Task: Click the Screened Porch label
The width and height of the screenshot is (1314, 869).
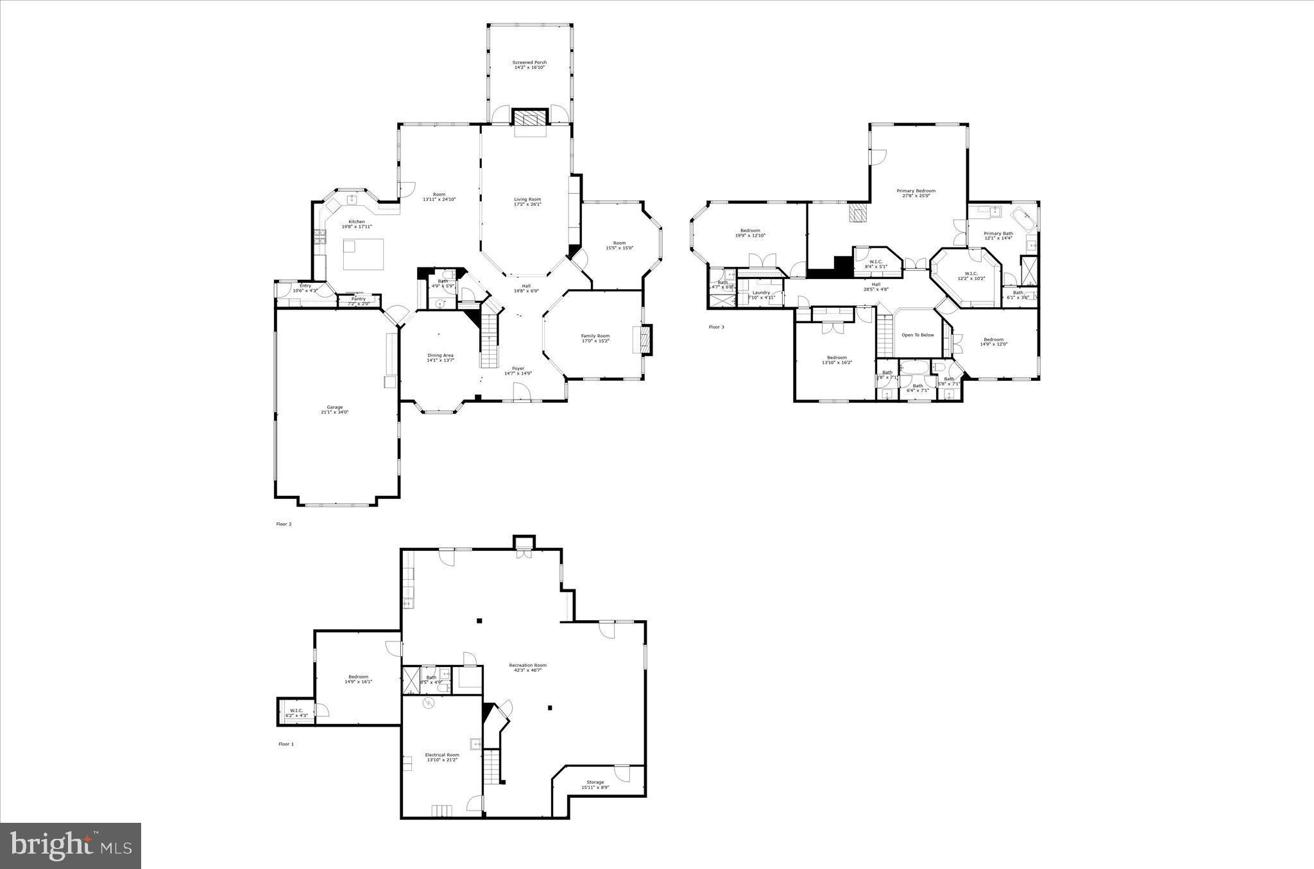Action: pyautogui.click(x=529, y=65)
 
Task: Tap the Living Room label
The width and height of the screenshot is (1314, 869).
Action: pyautogui.click(x=527, y=201)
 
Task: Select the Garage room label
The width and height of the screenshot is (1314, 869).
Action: pyautogui.click(x=335, y=409)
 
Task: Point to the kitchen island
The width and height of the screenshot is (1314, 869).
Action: pyautogui.click(x=363, y=254)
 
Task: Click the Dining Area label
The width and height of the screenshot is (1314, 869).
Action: pyautogui.click(x=441, y=357)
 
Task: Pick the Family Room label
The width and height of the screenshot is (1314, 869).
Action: pyautogui.click(x=595, y=338)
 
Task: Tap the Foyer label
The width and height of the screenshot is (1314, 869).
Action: pyautogui.click(x=518, y=371)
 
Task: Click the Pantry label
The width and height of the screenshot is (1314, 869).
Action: pyautogui.click(x=359, y=300)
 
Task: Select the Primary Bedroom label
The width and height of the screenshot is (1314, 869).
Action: pyautogui.click(x=916, y=193)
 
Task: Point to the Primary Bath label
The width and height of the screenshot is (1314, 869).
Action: pyautogui.click(x=998, y=235)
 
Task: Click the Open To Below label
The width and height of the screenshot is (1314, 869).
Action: pyautogui.click(x=917, y=335)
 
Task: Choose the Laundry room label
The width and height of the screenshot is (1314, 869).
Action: pyautogui.click(x=762, y=294)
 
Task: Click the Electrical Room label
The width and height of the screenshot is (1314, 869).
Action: pyautogui.click(x=442, y=757)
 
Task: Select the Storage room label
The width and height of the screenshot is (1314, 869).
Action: pyautogui.click(x=595, y=784)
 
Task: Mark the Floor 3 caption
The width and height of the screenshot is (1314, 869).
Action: pyautogui.click(x=716, y=327)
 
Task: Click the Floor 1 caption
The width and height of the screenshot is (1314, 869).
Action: pyautogui.click(x=286, y=744)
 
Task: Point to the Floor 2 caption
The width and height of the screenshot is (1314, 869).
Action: pyautogui.click(x=284, y=524)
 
